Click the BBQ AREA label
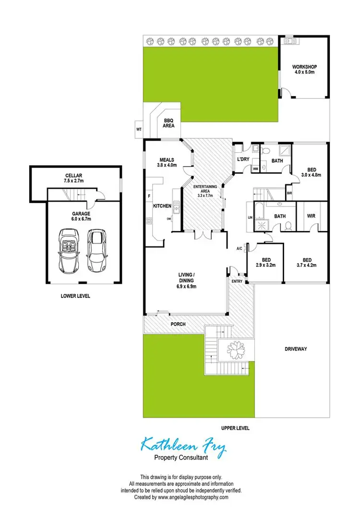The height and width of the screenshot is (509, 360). pos(168,123)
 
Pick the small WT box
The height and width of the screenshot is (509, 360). pos(139,129)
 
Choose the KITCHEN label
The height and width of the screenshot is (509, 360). pos(162,206)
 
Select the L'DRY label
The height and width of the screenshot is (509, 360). pos(242,159)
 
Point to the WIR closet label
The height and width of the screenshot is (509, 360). pos(311,216)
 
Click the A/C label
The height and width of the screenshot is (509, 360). pos(240,248)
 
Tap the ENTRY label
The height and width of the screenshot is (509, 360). pos(237,281)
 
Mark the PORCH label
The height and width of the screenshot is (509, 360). pos(178,324)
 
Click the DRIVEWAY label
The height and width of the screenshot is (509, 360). pos(295,349)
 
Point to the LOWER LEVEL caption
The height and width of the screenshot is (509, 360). pos(75,296)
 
